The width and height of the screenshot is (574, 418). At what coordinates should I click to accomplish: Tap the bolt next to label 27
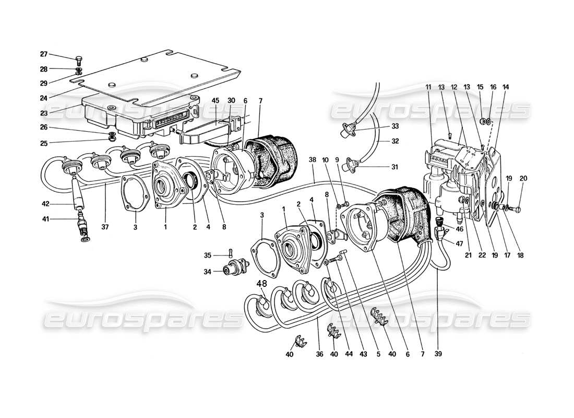click(x=78, y=60)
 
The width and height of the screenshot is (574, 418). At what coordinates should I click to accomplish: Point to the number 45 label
click(x=216, y=100)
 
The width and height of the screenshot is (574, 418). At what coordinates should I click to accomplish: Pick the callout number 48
click(x=261, y=284)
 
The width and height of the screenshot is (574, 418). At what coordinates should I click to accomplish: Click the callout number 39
click(x=438, y=354)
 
